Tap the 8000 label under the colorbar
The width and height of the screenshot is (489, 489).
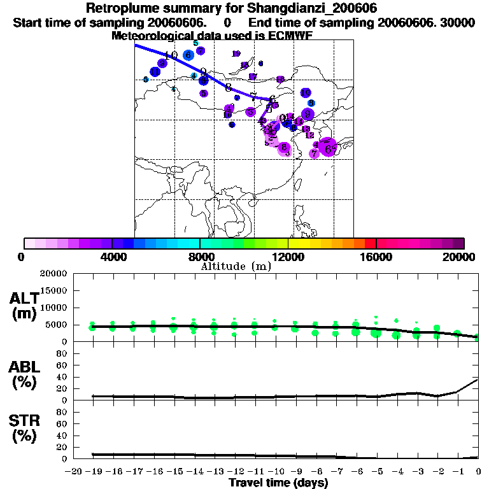point(200,257)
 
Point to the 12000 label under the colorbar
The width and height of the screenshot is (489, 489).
point(288,257)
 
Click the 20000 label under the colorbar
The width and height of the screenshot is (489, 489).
point(458,257)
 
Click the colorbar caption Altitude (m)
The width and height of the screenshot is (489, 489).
point(236,266)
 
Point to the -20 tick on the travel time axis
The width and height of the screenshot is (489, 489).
point(72,472)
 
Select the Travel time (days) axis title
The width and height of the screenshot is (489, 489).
point(278,483)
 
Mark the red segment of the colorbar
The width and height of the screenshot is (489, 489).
point(370,243)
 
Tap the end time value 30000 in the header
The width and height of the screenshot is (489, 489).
point(458,22)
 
